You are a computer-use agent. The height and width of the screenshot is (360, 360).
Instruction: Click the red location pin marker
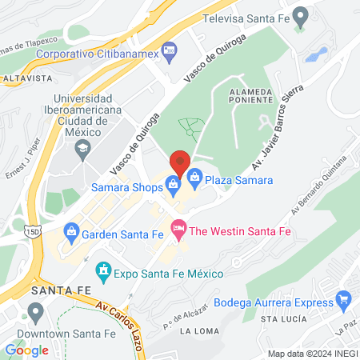pyautogui.click(x=181, y=163)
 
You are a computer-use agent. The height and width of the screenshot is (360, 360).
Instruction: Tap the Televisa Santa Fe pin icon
pyautogui.click(x=301, y=16)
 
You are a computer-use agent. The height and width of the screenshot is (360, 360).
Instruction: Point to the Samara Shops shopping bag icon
pyautogui.click(x=173, y=186)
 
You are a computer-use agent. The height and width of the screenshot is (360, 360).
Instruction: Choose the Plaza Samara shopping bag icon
pyautogui.click(x=194, y=180)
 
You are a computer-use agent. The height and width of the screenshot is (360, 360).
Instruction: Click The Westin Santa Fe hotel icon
pyautogui.click(x=179, y=230)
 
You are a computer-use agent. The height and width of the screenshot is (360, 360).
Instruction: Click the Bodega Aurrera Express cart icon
pyautogui.click(x=344, y=302)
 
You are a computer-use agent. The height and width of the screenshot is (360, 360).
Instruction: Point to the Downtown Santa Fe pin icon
pyautogui.click(x=34, y=311)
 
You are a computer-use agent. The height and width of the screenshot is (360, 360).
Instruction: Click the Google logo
pyautogui.click(x=27, y=350)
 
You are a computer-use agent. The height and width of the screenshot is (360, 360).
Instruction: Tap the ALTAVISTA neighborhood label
pyautogui.click(x=27, y=79)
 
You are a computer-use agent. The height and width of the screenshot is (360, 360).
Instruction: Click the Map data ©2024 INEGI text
pyautogui.click(x=312, y=353)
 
